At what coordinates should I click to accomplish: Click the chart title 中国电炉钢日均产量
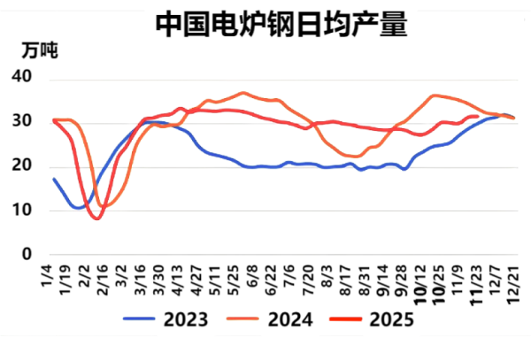pyautogui.click(x=281, y=24)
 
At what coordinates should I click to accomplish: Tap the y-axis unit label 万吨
pyautogui.click(x=39, y=51)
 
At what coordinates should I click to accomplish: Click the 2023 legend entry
pyautogui.click(x=168, y=319)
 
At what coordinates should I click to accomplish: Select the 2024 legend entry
pyautogui.click(x=274, y=319)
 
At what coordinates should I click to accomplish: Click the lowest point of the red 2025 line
pyautogui.click(x=96, y=218)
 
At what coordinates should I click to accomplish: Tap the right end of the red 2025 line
pyautogui.click(x=478, y=116)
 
